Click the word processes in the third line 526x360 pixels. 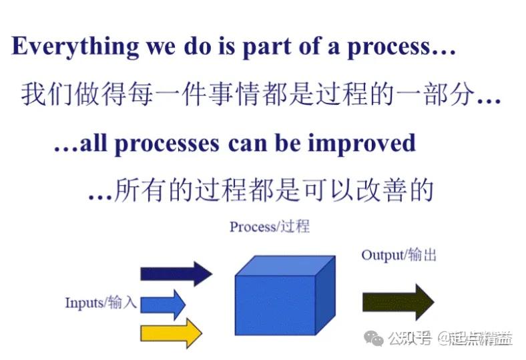(170, 144)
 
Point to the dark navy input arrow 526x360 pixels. (176, 273)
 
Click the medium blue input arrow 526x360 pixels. (162, 303)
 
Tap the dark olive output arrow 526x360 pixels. (397, 302)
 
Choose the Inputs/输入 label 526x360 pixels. (101, 303)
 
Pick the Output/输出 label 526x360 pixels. (399, 255)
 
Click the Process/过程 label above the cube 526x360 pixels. (269, 226)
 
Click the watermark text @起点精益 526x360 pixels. (475, 339)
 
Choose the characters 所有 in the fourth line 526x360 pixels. (136, 190)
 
